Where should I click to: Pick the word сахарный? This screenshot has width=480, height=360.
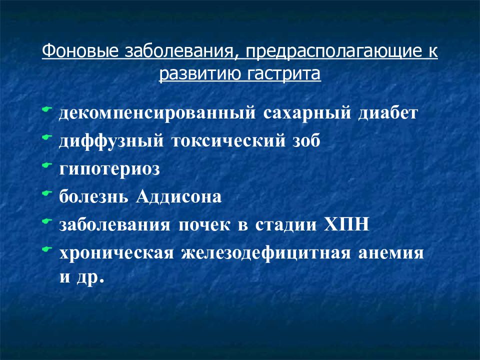click(304, 113)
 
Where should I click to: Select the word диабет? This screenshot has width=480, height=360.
click(387, 113)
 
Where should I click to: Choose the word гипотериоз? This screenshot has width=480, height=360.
click(109, 169)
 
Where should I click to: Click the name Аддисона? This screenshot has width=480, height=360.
click(177, 196)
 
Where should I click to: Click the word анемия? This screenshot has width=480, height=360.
click(391, 252)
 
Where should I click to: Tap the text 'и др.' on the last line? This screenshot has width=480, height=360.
click(81, 277)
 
